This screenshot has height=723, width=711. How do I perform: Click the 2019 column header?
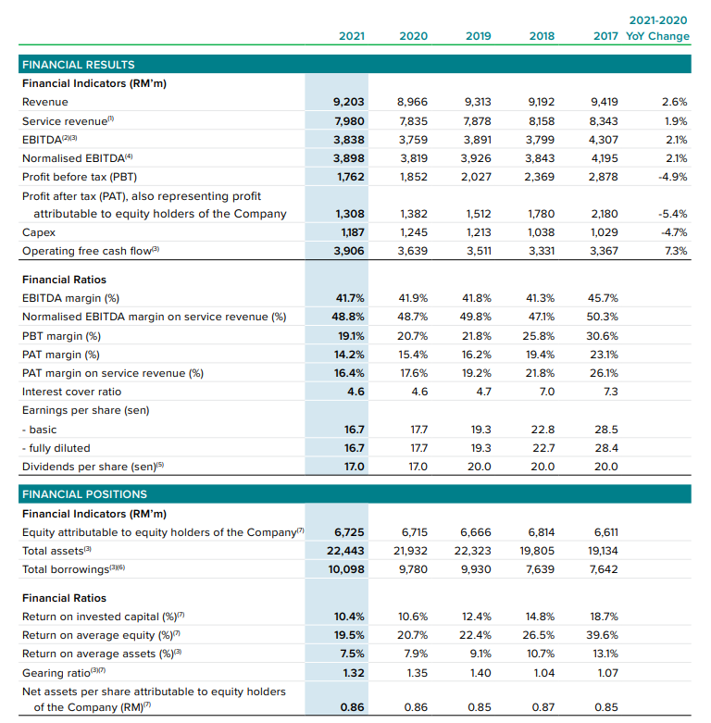point(478,36)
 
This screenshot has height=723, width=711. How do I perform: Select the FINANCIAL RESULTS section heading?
point(78,65)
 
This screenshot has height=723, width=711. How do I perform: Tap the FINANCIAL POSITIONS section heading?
point(84,494)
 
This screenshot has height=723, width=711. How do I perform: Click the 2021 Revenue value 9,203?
point(348,102)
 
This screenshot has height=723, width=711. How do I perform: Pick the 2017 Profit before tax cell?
point(603,176)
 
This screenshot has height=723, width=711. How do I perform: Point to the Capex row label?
point(39,232)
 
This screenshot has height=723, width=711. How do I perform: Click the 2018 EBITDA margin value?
point(541,299)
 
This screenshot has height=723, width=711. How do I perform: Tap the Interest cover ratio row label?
point(71,392)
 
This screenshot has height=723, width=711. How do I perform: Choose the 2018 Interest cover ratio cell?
point(546,392)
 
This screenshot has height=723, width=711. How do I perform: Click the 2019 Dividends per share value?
point(479,467)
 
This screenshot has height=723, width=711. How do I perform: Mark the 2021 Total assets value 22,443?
point(344,551)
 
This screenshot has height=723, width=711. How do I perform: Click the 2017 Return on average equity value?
point(603,635)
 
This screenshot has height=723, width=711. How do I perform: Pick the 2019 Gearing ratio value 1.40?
point(479,673)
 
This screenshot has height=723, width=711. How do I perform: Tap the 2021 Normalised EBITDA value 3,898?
point(348,157)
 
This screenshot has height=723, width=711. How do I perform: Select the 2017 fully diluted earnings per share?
point(605,448)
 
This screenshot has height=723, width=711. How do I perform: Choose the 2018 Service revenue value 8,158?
point(542,120)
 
